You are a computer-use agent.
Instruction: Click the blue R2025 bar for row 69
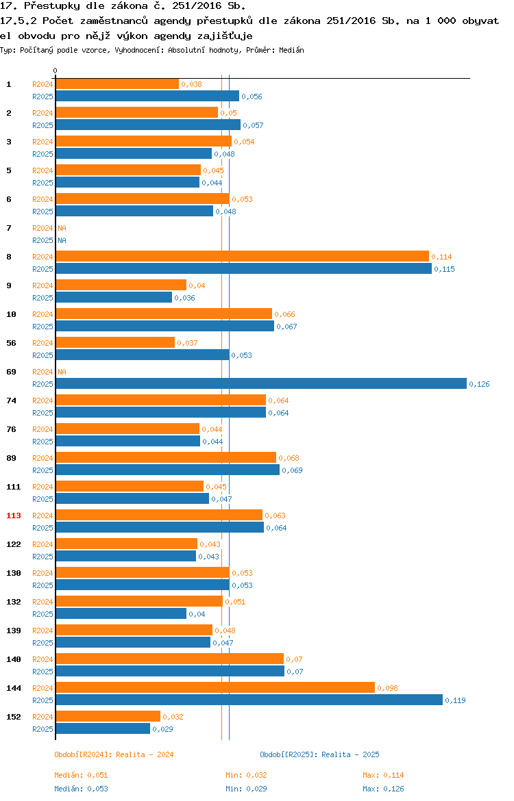click(261, 383)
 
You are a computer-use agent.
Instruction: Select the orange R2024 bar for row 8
click(243, 257)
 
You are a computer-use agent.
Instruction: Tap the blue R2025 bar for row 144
click(249, 700)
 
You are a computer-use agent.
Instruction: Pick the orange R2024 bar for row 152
click(108, 716)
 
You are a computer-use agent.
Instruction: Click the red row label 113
click(14, 516)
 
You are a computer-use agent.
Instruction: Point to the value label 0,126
click(479, 384)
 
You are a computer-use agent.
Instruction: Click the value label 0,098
click(387, 688)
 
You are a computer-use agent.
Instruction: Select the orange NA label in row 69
click(62, 372)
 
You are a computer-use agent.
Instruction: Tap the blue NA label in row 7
click(62, 240)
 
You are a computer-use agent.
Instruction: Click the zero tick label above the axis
click(56, 71)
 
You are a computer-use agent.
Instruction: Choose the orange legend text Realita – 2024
click(145, 754)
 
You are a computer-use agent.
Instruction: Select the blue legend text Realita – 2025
click(350, 754)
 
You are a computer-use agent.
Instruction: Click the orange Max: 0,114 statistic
click(383, 775)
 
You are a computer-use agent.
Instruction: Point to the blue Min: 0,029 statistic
click(246, 789)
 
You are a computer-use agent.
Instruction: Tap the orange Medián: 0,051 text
click(81, 775)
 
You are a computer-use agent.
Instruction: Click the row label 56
click(11, 343)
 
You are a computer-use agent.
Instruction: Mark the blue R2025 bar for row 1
click(147, 96)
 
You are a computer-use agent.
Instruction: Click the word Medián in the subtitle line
click(291, 50)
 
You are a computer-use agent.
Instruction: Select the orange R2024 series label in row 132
click(42, 602)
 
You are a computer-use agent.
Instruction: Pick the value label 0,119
click(455, 700)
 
